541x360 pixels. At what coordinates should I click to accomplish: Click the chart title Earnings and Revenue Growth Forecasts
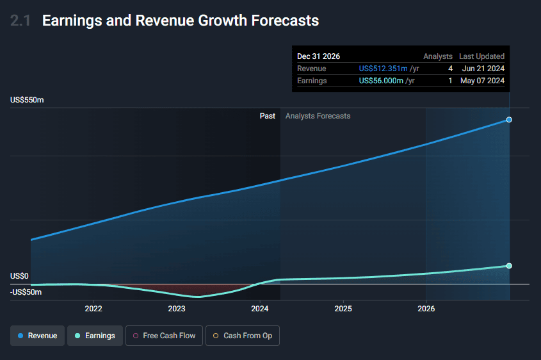click(180, 20)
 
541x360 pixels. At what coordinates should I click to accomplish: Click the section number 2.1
click(20, 20)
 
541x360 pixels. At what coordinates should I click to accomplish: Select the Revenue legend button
click(38, 336)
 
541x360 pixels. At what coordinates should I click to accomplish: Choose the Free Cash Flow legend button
click(165, 336)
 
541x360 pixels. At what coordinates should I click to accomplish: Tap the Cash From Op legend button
click(243, 336)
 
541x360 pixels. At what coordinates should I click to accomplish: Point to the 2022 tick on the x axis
click(93, 309)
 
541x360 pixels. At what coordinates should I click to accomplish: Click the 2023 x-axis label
click(177, 309)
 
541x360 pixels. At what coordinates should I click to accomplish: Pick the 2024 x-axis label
click(260, 309)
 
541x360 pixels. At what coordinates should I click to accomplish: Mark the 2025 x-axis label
click(343, 309)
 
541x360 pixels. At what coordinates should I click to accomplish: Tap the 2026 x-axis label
click(426, 309)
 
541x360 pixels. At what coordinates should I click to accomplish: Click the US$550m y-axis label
click(27, 100)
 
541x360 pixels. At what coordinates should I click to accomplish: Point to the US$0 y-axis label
click(20, 276)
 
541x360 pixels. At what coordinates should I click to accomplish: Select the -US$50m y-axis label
click(26, 292)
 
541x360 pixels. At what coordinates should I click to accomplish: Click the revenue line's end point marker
click(509, 120)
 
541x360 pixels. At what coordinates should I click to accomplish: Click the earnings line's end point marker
click(509, 266)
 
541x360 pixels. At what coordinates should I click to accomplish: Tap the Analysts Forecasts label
click(318, 116)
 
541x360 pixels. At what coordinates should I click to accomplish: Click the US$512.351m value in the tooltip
click(383, 69)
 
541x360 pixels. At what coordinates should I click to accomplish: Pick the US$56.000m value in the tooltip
click(383, 81)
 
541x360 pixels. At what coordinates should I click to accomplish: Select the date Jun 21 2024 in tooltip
click(483, 69)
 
